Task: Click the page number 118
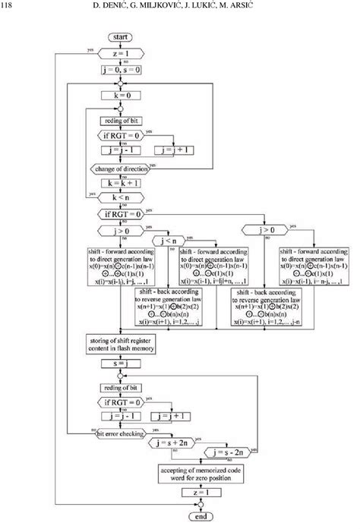point(10,6)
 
